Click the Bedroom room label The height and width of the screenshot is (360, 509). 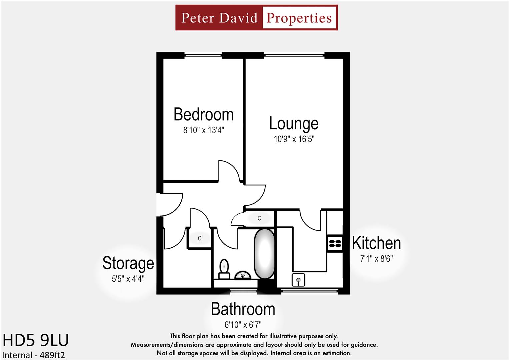(x=203, y=115)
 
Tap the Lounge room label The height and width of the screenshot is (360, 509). (x=294, y=123)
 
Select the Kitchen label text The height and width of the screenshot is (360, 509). (x=376, y=243)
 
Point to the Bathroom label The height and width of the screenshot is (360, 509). (x=243, y=309)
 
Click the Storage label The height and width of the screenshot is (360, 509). (x=128, y=263)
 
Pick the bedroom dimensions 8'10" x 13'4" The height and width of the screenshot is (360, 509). (x=203, y=130)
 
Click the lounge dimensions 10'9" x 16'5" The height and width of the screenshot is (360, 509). (x=294, y=139)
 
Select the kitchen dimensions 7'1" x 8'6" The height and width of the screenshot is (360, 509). (x=376, y=259)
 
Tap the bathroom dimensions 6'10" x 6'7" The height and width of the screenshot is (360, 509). (x=243, y=324)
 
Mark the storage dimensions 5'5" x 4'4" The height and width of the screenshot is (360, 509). (x=128, y=279)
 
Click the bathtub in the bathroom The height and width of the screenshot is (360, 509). (x=265, y=254)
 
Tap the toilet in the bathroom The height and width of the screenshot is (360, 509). (x=224, y=269)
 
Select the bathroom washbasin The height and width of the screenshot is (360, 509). (x=243, y=275)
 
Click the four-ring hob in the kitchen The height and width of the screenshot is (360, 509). (x=335, y=243)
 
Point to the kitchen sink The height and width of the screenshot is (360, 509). (x=298, y=280)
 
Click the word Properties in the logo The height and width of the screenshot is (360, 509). (x=299, y=18)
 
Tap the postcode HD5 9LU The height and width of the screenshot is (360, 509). (x=36, y=340)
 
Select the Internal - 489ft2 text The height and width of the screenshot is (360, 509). (x=34, y=355)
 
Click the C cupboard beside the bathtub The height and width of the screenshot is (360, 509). (x=259, y=218)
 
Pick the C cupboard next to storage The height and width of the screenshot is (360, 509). (x=200, y=238)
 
